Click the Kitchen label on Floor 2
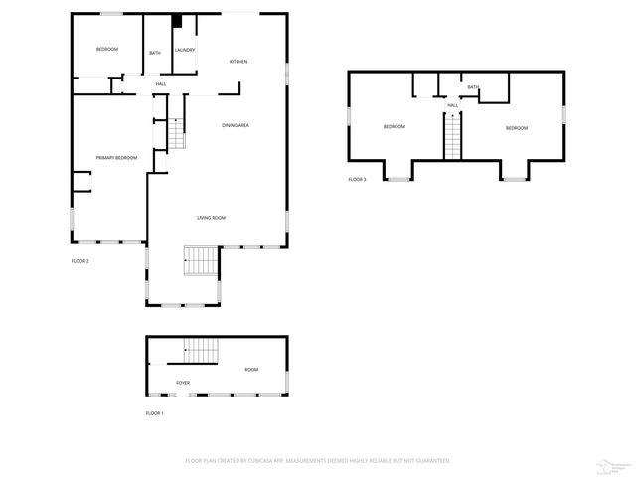coord(238,62)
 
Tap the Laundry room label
coord(184,50)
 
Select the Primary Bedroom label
coord(116,158)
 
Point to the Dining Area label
coord(236,125)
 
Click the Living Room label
coord(211,217)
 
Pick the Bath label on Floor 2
coord(155,53)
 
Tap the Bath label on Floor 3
coord(473,87)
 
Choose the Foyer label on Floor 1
coord(183,383)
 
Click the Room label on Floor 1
coord(251,370)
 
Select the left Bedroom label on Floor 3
coord(395,127)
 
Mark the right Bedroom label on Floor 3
coord(516,127)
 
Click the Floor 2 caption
coord(80,261)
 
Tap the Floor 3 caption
coord(357,179)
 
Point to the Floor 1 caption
coord(155,412)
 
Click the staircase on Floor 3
coord(453,136)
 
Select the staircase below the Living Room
coord(201,262)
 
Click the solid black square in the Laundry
coord(177,20)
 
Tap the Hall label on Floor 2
coord(160,84)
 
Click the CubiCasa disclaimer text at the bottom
coord(318,461)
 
